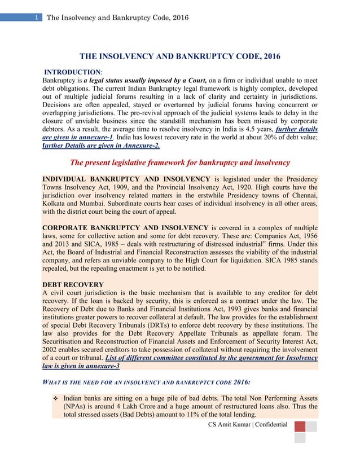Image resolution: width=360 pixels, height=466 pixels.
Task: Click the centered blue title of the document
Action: tap(179, 57)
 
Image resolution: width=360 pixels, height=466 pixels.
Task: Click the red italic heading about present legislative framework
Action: tap(179, 162)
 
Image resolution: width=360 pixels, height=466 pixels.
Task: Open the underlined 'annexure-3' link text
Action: tap(99, 366)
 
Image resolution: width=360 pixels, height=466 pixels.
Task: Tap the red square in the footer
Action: tap(300, 426)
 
